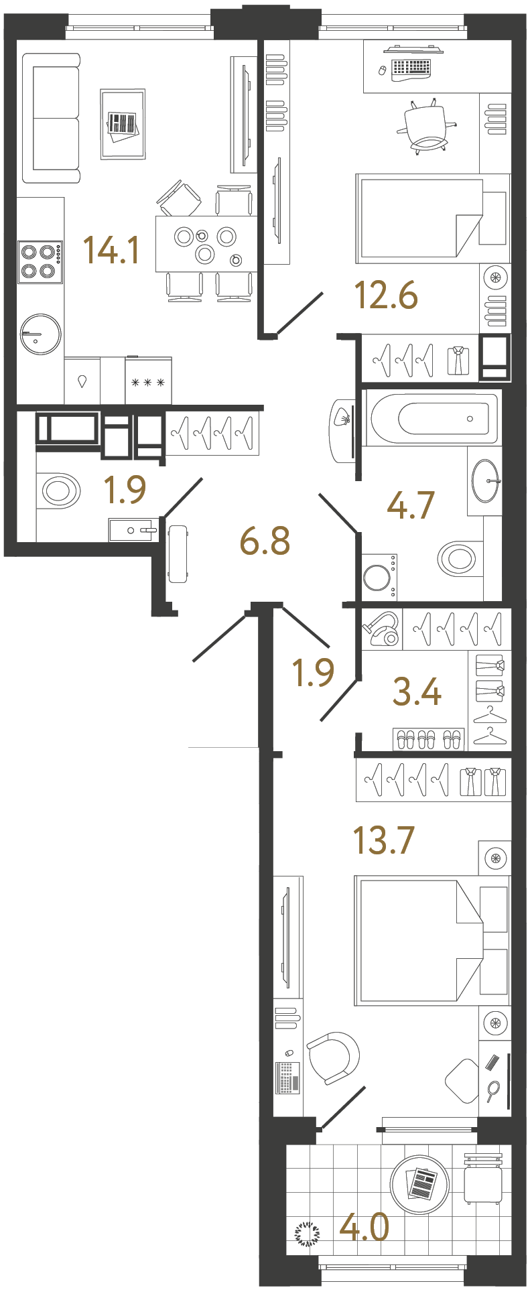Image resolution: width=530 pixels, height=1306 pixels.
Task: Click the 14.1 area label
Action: [111, 250]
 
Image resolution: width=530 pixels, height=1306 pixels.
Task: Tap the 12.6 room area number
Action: [386, 296]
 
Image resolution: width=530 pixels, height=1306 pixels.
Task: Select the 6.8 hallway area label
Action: [265, 541]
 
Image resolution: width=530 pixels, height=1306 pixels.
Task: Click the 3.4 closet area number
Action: [417, 692]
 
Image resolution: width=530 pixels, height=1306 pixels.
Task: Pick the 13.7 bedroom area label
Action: [384, 840]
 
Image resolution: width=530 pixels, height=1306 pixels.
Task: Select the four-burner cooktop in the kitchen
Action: [40, 261]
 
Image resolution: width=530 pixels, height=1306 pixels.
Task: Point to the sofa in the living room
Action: [52, 119]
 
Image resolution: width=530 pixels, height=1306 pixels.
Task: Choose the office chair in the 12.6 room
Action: [426, 127]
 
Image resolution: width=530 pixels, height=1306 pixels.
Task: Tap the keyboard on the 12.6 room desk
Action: [411, 68]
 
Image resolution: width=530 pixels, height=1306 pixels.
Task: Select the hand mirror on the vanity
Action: [493, 1090]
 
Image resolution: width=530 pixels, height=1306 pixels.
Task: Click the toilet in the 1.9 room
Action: [59, 491]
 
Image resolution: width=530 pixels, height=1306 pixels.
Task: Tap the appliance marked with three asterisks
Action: [148, 383]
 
